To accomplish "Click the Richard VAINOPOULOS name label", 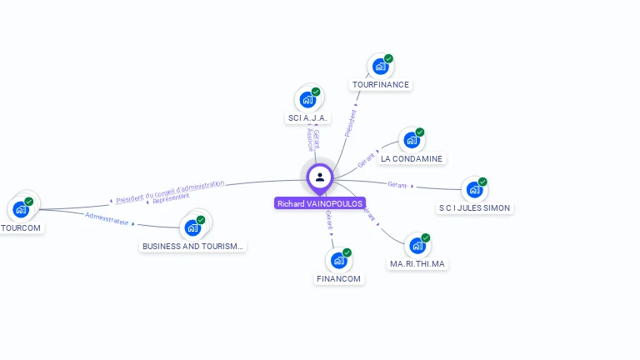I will tap(320, 203).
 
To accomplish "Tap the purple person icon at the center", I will tap(320, 177).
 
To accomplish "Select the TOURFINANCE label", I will tap(381, 84).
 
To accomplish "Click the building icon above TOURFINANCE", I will tap(380, 67).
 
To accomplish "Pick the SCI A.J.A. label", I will tap(309, 118).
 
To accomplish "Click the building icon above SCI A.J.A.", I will tap(307, 100).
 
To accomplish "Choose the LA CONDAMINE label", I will tap(412, 158).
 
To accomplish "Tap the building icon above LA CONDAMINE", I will tap(412, 140).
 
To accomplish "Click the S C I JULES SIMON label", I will tap(475, 207).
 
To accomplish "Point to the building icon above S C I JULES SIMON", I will tap(474, 190).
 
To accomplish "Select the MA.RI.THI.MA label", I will tap(417, 263).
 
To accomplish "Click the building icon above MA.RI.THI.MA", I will tap(417, 246).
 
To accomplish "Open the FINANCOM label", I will tap(340, 278).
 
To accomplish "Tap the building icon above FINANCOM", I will tap(338, 261).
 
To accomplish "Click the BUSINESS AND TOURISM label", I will tap(192, 246).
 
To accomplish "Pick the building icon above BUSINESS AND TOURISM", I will tap(192, 227).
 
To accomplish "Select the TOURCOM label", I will tap(21, 227).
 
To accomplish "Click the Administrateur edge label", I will tap(107, 218).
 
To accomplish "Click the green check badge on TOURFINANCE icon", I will tap(388, 59).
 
